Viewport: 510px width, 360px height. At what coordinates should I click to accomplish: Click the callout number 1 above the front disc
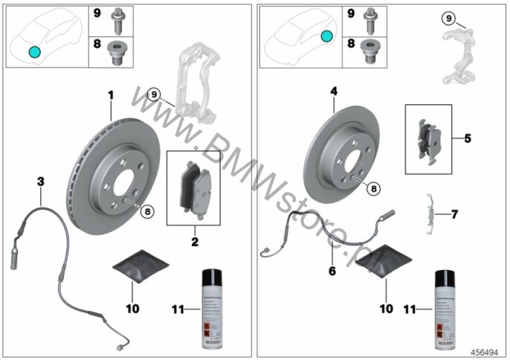(x=110, y=95)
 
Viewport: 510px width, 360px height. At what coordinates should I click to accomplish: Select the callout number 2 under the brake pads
(x=196, y=241)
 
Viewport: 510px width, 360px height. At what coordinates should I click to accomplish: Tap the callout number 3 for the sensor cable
(x=41, y=181)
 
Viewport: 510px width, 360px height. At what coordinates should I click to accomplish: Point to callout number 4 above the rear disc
(x=335, y=91)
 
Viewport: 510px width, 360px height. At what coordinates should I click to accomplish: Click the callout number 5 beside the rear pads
(x=467, y=138)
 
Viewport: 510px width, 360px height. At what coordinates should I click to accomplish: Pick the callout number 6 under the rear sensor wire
(x=332, y=271)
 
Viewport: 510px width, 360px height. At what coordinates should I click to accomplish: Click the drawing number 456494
(x=487, y=350)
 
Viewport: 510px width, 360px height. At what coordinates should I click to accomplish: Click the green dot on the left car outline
(x=33, y=51)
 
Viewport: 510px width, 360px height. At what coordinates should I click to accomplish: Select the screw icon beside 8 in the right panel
(x=369, y=50)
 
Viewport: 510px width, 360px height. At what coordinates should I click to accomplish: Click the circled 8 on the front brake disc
(x=147, y=212)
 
